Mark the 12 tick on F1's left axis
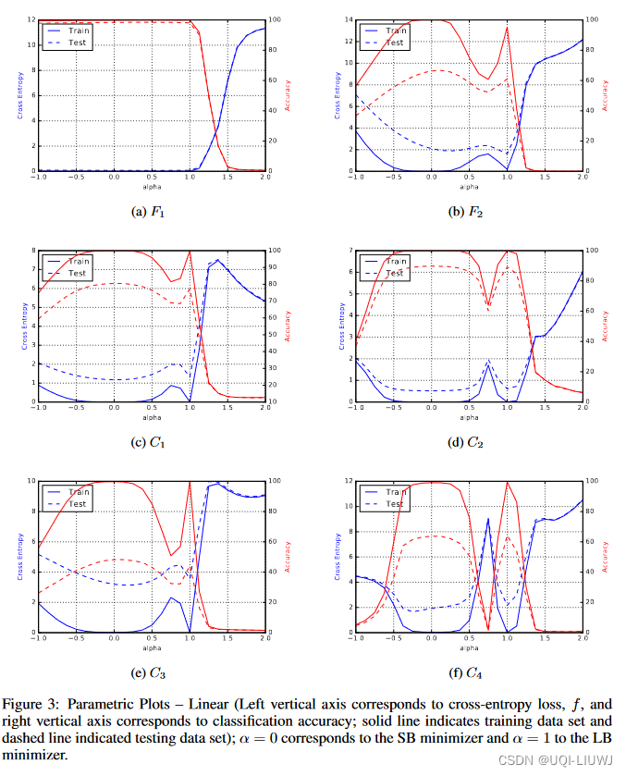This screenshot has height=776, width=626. (31, 19)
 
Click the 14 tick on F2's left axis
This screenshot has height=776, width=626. (348, 19)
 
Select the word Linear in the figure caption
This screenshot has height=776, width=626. (206, 699)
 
